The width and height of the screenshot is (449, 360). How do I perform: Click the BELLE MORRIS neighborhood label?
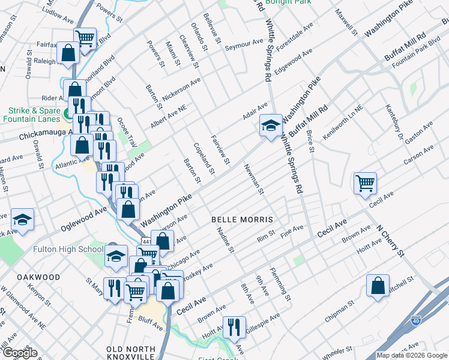(x=243, y=220)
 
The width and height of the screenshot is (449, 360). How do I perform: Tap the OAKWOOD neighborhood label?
(x=38, y=277)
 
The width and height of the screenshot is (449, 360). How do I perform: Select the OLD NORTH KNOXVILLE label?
(x=131, y=353)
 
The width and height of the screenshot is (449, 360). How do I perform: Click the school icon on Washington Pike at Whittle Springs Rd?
(x=271, y=126)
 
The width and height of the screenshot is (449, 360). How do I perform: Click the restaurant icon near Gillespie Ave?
(x=234, y=327)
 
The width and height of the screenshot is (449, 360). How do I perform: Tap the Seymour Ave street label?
(x=244, y=45)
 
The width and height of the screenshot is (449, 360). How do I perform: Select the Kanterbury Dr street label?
(x=393, y=123)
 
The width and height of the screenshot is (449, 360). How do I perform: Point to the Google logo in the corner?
(x=20, y=353)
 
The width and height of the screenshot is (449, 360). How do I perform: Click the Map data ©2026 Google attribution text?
(x=411, y=355)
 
